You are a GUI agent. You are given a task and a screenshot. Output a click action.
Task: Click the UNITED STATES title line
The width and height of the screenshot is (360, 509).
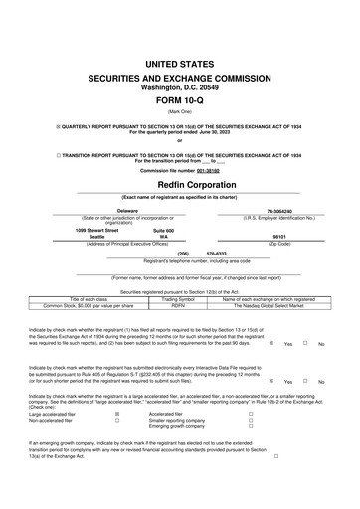[x=179, y=63]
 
